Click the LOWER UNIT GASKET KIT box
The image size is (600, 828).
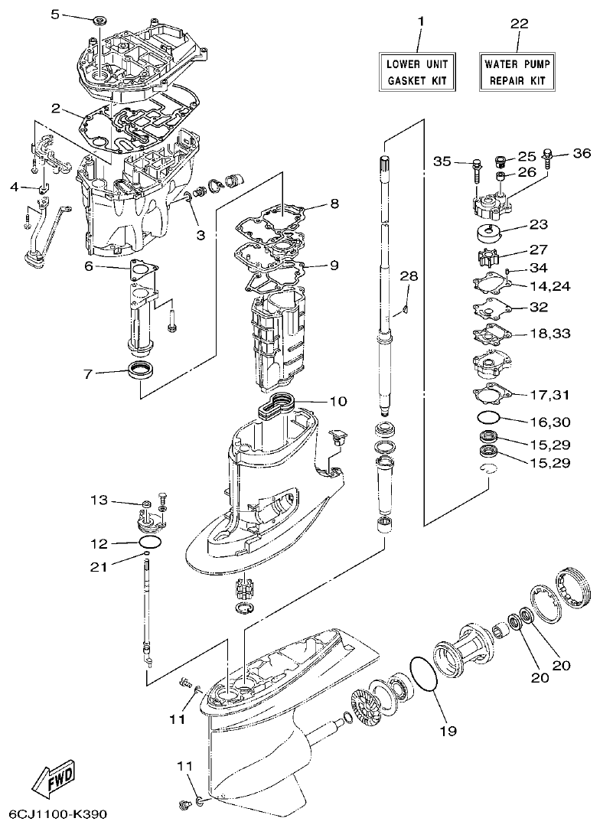click(x=418, y=71)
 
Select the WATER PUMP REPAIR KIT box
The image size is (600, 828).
click(x=518, y=71)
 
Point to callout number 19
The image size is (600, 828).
click(x=448, y=731)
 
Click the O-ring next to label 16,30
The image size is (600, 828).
click(x=489, y=418)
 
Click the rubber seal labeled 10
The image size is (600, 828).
click(x=277, y=403)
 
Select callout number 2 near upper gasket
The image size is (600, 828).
click(x=56, y=108)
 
